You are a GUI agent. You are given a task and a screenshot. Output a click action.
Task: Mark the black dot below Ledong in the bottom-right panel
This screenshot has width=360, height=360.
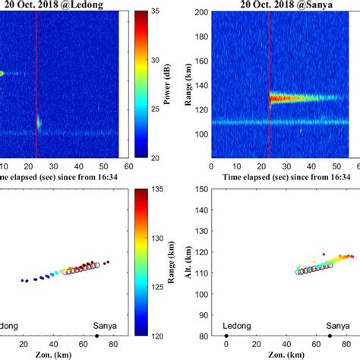(226, 335)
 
